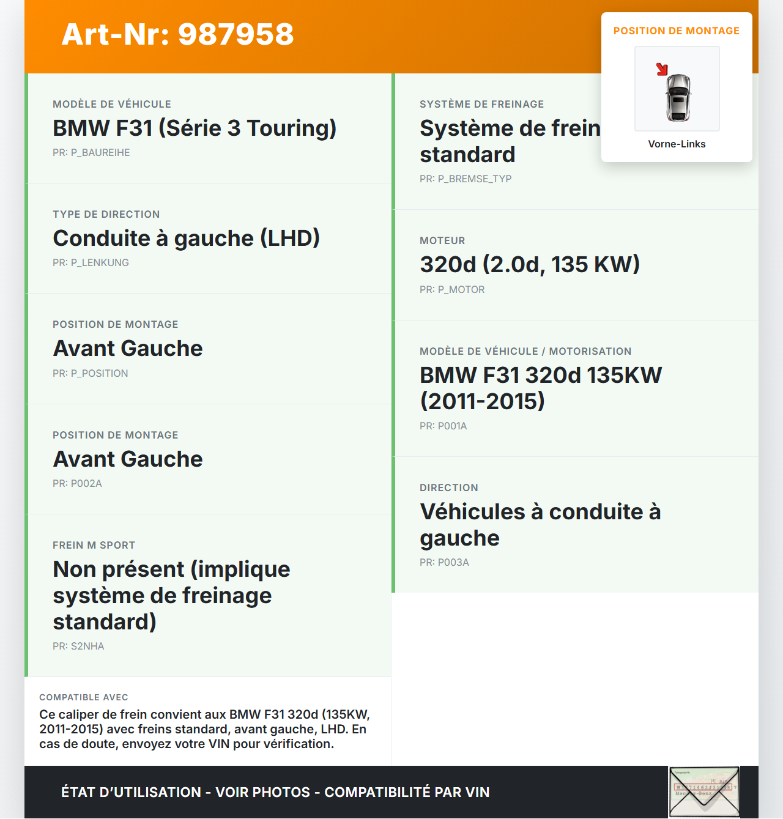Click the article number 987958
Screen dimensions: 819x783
[x=177, y=34]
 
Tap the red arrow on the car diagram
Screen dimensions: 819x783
[x=662, y=69]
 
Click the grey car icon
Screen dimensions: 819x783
[x=678, y=97]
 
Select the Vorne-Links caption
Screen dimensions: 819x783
[x=677, y=144]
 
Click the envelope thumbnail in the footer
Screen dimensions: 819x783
[x=704, y=791]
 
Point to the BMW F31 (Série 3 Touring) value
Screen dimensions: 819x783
[x=195, y=128]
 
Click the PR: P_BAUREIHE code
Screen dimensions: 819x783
[x=91, y=153]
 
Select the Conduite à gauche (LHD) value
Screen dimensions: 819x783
[x=186, y=239]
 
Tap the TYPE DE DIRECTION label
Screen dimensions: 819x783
[x=106, y=215]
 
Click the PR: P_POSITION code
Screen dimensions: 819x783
[x=91, y=374]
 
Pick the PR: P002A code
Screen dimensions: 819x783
[x=77, y=484]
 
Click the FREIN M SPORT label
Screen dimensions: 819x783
[x=94, y=546]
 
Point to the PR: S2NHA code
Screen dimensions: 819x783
[x=78, y=647]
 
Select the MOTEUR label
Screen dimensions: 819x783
[x=442, y=241]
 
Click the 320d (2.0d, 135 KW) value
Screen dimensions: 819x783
[x=530, y=265]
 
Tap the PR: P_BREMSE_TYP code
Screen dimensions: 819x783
[x=466, y=179]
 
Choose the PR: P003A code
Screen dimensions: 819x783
[x=444, y=563]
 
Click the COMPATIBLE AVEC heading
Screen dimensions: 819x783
[x=84, y=697]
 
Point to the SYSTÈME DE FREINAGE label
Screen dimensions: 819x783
[x=482, y=105]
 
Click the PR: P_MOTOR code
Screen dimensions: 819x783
[x=452, y=290]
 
